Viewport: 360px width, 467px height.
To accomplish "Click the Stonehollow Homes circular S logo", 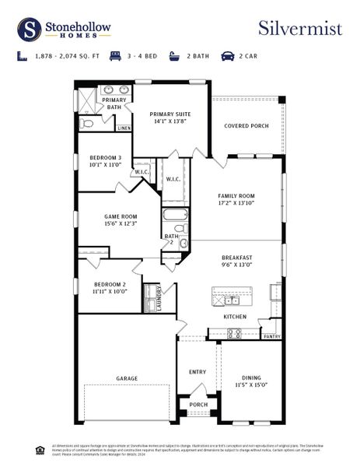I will tap(29, 29).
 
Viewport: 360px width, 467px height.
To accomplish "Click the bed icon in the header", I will tap(115, 56).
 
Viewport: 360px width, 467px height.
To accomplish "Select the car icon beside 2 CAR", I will tap(228, 56).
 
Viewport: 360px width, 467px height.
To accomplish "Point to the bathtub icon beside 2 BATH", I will tap(173, 56).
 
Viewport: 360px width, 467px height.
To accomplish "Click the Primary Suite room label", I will tap(171, 118).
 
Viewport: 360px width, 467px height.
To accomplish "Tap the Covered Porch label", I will tap(246, 125).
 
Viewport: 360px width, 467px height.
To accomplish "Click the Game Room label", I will tap(121, 219).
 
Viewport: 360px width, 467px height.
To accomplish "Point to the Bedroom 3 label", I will tap(106, 160).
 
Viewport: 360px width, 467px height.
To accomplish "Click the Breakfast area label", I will tap(236, 261).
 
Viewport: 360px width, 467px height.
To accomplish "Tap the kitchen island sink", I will tap(231, 300).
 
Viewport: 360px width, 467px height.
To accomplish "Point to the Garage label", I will tap(127, 378).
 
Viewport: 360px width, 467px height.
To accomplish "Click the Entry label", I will tap(197, 372).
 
